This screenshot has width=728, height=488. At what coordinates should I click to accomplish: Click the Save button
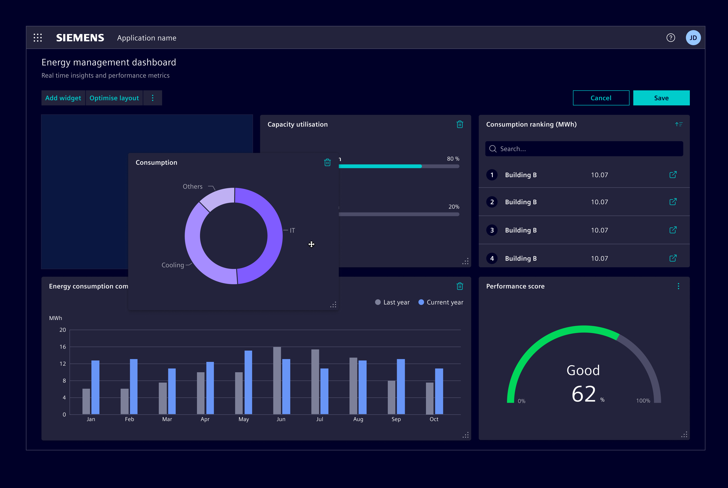[661, 98]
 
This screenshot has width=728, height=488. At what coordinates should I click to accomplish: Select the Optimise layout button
[114, 98]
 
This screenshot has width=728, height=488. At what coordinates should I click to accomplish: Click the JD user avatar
[693, 38]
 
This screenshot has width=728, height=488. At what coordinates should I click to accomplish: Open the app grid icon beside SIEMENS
[38, 38]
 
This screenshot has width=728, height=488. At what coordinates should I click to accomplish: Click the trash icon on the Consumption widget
[327, 162]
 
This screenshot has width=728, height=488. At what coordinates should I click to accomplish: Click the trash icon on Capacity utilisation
[460, 124]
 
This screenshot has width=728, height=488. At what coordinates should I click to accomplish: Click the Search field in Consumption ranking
[586, 149]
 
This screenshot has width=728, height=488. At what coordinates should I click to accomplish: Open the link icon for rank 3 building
[673, 230]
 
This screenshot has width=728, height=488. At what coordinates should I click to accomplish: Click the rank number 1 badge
[492, 175]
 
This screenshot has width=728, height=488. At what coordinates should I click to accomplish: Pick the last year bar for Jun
[277, 380]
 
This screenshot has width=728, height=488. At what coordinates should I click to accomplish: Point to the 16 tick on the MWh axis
[63, 347]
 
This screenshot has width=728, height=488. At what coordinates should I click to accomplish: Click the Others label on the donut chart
[192, 186]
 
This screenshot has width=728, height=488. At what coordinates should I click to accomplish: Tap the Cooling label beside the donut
[173, 265]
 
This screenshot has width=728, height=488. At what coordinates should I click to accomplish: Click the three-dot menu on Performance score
[678, 286]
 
